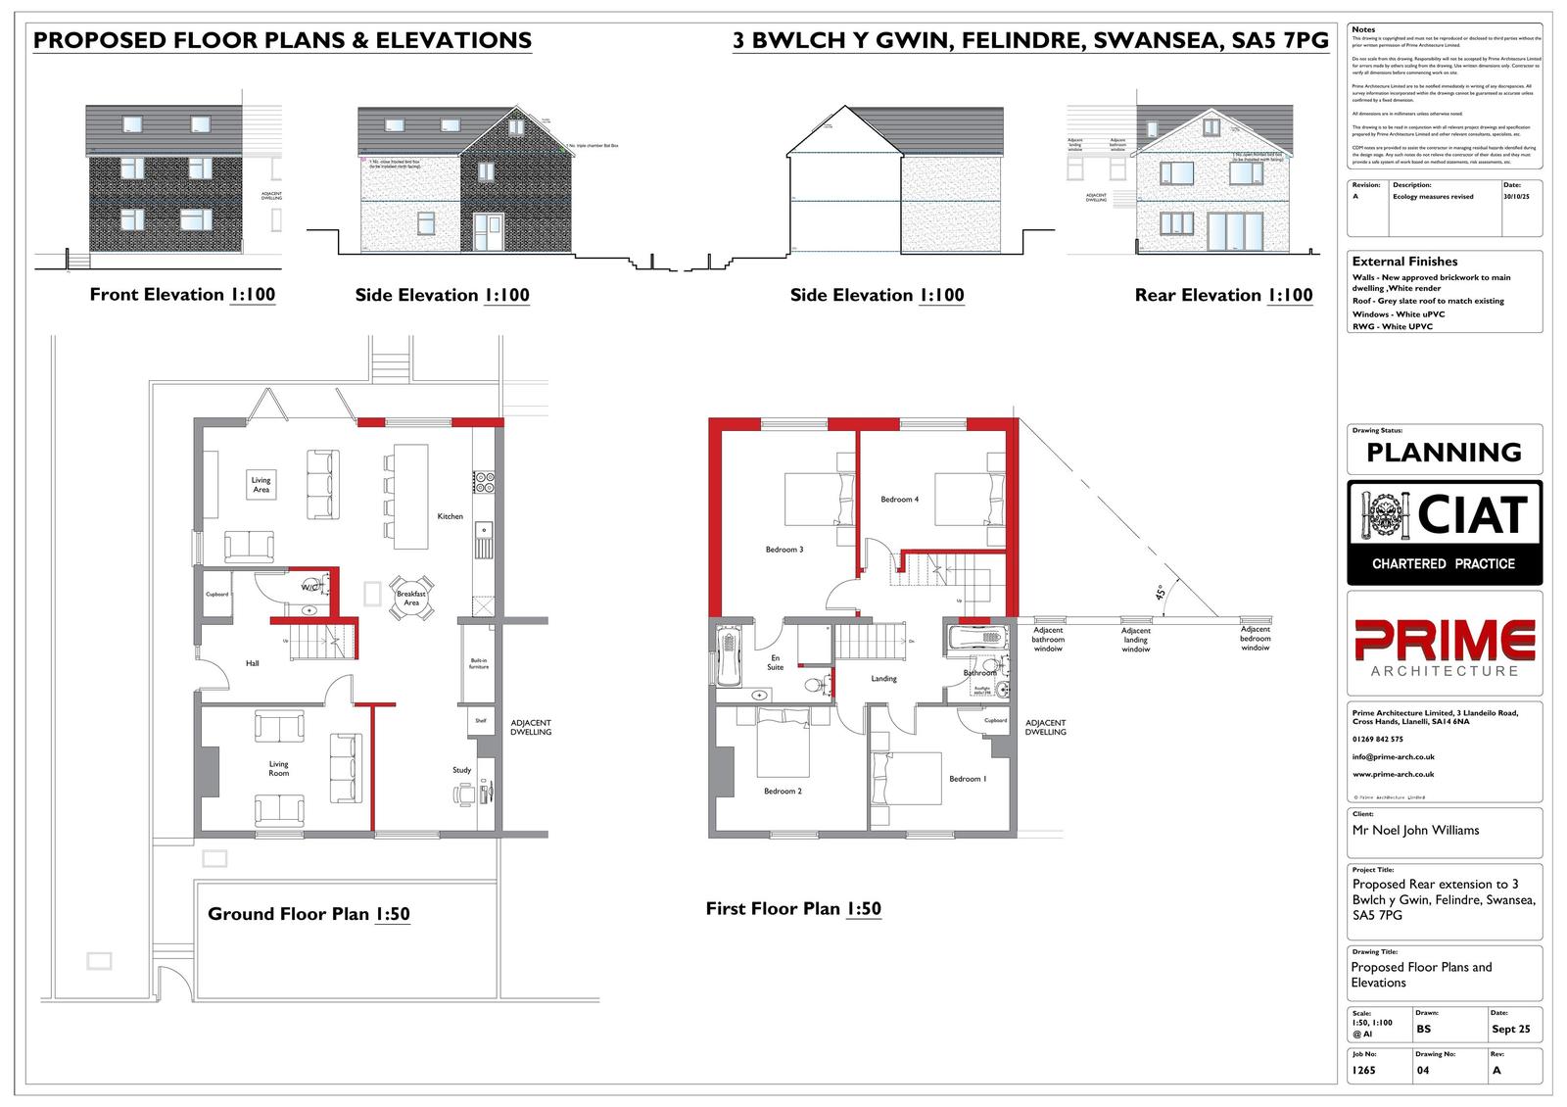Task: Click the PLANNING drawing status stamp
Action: (1444, 453)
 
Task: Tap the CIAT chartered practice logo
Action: (1444, 533)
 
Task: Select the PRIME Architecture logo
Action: (1444, 648)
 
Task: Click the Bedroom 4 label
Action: (899, 500)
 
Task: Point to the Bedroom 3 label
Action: (784, 550)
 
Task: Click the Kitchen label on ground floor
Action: (450, 516)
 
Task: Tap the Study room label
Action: (461, 770)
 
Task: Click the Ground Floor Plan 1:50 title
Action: (309, 914)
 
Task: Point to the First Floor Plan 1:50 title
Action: (793, 909)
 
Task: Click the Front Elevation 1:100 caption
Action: (182, 295)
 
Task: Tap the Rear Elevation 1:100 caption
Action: (1223, 295)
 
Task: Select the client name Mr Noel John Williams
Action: (1415, 830)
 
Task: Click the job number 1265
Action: (1363, 1071)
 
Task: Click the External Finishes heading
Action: (1404, 262)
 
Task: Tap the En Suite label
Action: (776, 662)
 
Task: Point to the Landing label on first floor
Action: (883, 679)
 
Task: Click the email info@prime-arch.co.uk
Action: (1393, 757)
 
